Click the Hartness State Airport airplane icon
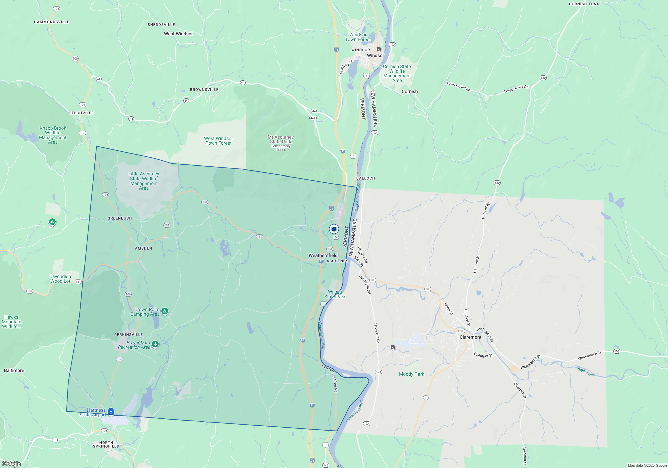(x=111, y=412)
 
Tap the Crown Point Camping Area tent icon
(x=165, y=311)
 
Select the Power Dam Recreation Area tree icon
(x=155, y=344)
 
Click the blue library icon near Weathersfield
(x=334, y=229)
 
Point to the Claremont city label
(x=470, y=337)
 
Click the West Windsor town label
(x=178, y=34)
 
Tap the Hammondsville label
(x=52, y=22)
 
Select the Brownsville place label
(x=204, y=90)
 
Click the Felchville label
(x=81, y=113)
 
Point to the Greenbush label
(x=120, y=218)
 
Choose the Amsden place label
(x=143, y=248)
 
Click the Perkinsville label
(x=128, y=335)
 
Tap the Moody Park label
(x=411, y=374)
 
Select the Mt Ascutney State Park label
(x=281, y=139)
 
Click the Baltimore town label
(x=14, y=370)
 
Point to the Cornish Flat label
(x=584, y=4)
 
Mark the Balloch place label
(x=366, y=178)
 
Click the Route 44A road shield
(x=313, y=118)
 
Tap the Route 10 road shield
(x=55, y=440)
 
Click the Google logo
(x=11, y=464)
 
